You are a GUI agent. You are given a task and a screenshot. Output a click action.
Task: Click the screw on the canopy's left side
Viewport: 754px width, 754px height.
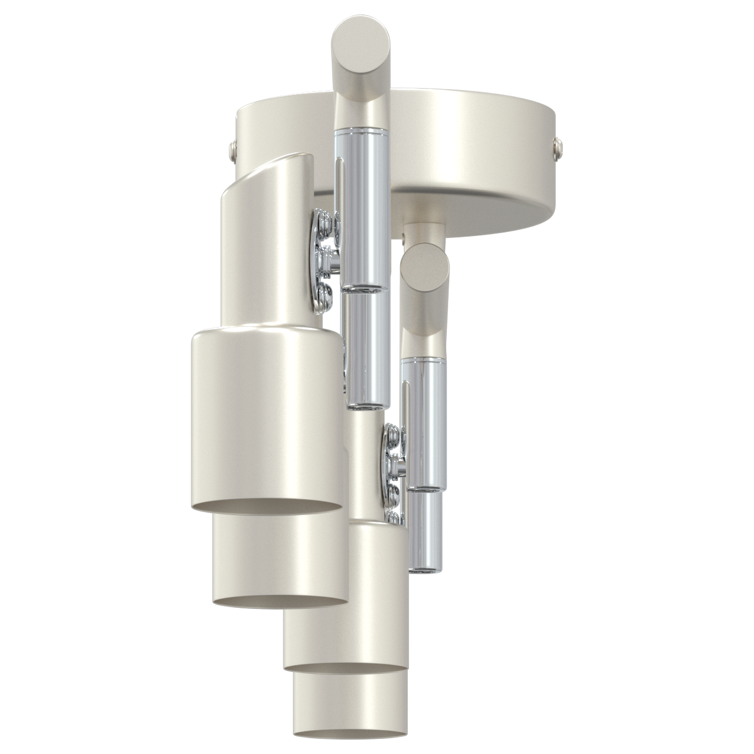tap(232, 150)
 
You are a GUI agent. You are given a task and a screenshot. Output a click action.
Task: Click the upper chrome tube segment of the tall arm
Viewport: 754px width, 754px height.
tap(365, 207)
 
